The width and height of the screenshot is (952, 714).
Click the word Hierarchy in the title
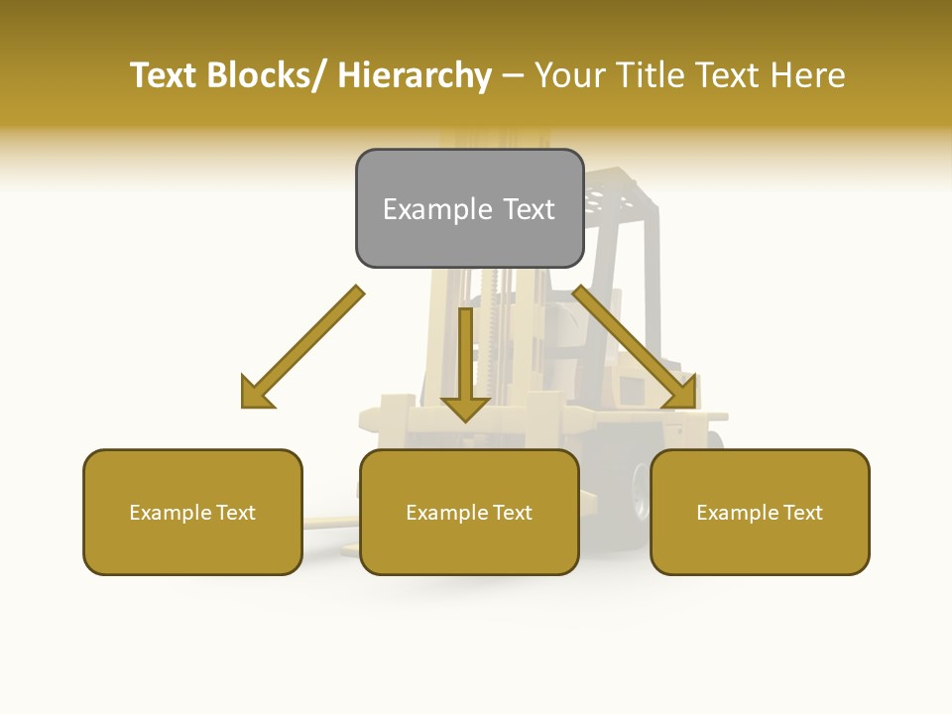click(415, 75)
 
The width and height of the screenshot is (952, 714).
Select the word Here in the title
click(809, 75)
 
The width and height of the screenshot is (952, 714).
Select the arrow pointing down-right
click(635, 347)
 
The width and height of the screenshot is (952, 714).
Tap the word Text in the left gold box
click(236, 513)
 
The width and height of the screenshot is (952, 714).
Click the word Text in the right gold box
click(803, 513)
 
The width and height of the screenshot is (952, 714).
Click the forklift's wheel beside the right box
click(641, 486)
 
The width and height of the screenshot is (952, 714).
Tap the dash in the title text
click(513, 75)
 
